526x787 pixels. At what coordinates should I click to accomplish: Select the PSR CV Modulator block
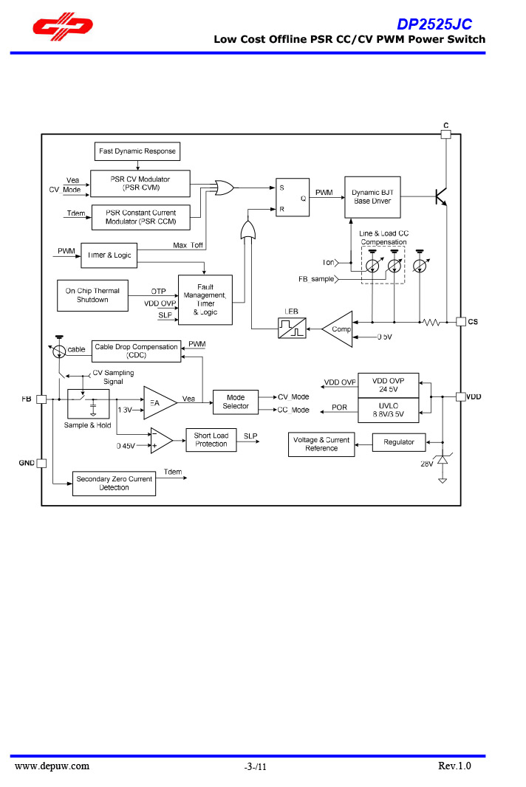tap(140, 183)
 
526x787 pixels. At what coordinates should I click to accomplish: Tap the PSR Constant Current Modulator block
tap(140, 217)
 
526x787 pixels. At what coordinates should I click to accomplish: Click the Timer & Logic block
tap(109, 255)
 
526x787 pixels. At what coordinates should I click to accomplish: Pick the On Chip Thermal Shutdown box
tap(92, 295)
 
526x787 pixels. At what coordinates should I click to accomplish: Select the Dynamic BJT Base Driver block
tap(372, 196)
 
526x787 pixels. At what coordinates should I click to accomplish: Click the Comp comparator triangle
tap(338, 329)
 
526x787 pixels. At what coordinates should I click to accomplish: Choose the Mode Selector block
tap(236, 402)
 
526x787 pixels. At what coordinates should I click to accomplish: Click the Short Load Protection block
tap(211, 440)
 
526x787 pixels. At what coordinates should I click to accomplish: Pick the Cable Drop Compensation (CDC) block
tap(136, 351)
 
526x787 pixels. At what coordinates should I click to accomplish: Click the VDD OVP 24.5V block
tap(388, 385)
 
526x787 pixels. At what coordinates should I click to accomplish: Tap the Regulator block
tap(399, 442)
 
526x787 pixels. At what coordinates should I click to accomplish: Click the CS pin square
tap(461, 321)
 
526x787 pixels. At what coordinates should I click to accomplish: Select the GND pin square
tap(41, 464)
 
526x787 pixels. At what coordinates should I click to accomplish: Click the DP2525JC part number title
tap(434, 24)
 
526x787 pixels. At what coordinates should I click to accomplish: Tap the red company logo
tap(62, 27)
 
